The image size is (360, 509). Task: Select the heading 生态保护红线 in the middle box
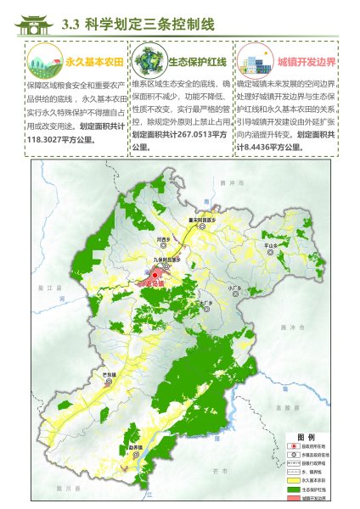(x=197, y=62)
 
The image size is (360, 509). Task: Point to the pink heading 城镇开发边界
(x=307, y=62)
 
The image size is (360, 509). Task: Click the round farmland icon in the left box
(x=46, y=62)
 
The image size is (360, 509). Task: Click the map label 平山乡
(x=272, y=246)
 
